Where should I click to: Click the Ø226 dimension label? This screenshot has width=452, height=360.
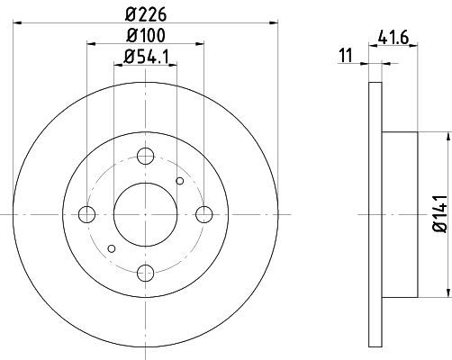(146, 15)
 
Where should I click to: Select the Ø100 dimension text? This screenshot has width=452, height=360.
(146, 35)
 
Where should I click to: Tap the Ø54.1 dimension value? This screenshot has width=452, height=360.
(147, 56)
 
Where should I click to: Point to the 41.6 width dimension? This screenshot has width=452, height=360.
(393, 38)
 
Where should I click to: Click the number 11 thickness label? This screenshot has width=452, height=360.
(346, 56)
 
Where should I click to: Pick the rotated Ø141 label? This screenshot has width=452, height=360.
(440, 213)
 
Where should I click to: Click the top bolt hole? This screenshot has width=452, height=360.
(146, 156)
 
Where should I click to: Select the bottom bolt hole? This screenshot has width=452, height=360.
(146, 273)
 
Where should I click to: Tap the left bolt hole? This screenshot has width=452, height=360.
(86, 214)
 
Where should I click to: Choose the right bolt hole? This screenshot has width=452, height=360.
(204, 214)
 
